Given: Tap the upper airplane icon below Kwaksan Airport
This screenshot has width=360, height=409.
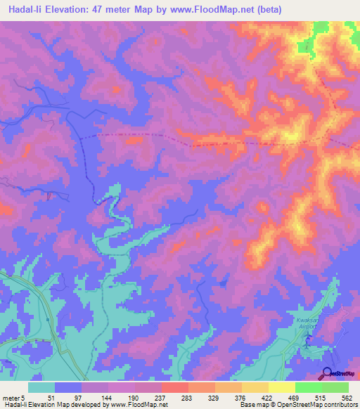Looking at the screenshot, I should pyautogui.click(x=309, y=338).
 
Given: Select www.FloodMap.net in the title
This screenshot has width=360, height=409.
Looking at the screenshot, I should pyautogui.click(x=237, y=8).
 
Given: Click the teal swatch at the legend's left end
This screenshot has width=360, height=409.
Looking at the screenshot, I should pyautogui.click(x=41, y=387).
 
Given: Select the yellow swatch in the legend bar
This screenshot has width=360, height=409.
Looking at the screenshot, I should pyautogui.click(x=281, y=387).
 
